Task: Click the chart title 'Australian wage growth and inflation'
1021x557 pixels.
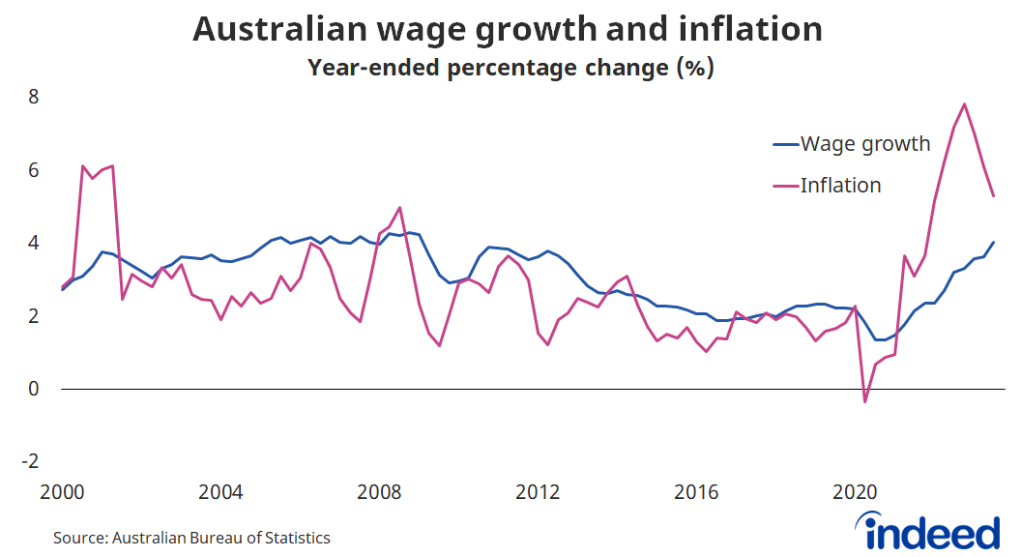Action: point(508,29)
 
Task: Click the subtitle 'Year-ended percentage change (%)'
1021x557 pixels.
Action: point(510,69)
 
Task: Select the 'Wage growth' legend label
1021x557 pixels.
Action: point(864,144)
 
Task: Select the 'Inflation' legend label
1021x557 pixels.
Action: point(840,185)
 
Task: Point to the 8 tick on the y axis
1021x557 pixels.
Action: point(32,97)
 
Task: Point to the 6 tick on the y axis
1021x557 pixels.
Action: point(32,170)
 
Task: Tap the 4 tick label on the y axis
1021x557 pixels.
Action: point(32,243)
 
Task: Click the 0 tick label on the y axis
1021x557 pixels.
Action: point(32,389)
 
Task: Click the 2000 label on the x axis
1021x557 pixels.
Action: point(63,491)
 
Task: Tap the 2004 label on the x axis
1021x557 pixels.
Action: point(221,491)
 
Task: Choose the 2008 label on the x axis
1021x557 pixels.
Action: point(380,491)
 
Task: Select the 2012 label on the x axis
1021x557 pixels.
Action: point(539,491)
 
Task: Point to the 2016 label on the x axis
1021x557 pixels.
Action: point(697,491)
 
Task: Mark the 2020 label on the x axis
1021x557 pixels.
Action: point(856,491)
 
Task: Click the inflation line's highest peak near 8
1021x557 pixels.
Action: point(964,103)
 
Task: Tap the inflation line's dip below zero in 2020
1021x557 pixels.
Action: point(865,401)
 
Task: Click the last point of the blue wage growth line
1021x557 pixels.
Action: point(994,242)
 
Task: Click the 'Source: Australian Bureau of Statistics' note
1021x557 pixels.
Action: point(191,538)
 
